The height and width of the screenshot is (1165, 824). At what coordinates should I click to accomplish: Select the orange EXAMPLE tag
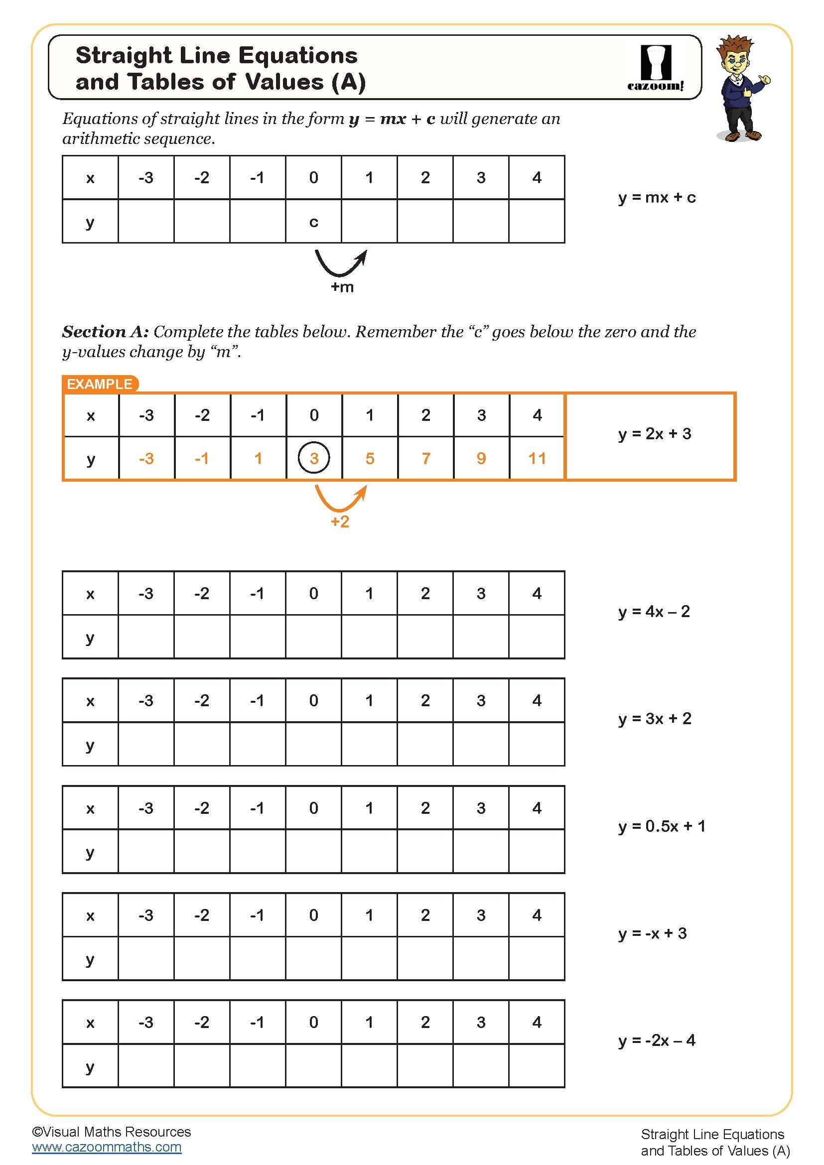click(100, 384)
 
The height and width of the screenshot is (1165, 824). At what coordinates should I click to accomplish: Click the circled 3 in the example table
click(313, 458)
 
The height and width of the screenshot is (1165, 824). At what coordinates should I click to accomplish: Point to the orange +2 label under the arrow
click(340, 521)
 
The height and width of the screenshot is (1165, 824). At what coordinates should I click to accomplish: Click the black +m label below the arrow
click(342, 287)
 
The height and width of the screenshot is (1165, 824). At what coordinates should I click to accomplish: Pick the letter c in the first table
click(313, 222)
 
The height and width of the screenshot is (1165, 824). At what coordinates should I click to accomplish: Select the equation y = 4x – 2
click(654, 612)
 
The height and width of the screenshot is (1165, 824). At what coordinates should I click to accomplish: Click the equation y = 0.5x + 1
click(662, 826)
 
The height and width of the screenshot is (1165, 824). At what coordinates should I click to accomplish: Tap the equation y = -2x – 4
click(657, 1040)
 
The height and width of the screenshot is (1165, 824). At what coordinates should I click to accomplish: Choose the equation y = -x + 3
click(653, 933)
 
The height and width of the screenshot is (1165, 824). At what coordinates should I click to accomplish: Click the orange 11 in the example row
click(537, 459)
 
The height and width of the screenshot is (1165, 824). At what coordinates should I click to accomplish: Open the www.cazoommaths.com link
click(107, 1147)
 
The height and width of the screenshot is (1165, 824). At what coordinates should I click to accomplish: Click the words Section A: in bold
click(106, 332)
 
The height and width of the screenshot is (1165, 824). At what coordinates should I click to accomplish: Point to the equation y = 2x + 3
click(655, 434)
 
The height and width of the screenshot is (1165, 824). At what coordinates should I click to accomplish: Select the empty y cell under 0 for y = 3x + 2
click(313, 744)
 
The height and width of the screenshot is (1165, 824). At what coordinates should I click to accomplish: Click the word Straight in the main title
click(124, 55)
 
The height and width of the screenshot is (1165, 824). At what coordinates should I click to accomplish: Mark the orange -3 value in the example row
click(146, 459)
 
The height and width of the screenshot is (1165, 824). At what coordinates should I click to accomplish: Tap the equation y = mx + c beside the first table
click(657, 197)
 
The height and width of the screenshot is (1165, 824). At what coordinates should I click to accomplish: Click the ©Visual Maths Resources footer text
click(111, 1132)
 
